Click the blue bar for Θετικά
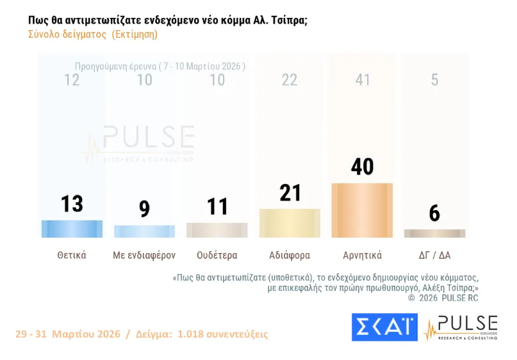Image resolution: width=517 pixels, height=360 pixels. (x=72, y=229)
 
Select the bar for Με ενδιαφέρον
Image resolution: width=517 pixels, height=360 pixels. (x=144, y=231)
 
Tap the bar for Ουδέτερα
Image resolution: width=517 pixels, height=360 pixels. (x=217, y=230)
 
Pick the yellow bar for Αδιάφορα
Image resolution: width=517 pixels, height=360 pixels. (x=290, y=223)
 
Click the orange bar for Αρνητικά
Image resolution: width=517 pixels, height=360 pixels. (x=362, y=210)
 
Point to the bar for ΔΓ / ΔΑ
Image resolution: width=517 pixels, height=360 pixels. (x=434, y=233)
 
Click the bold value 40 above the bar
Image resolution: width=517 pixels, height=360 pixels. (x=362, y=167)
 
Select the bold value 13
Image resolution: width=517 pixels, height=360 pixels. (x=72, y=204)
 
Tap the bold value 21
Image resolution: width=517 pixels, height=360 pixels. (x=290, y=192)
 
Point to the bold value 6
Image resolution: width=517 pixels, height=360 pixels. (x=434, y=213)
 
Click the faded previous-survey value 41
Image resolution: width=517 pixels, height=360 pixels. (x=363, y=79)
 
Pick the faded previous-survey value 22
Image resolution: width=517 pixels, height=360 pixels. (x=290, y=79)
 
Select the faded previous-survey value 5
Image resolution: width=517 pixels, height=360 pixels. (x=434, y=79)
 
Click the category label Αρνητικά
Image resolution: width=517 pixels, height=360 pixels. (x=362, y=255)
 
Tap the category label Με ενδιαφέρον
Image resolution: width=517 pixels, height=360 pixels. (x=144, y=255)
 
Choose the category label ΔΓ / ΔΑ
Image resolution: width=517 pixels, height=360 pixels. (x=434, y=255)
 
